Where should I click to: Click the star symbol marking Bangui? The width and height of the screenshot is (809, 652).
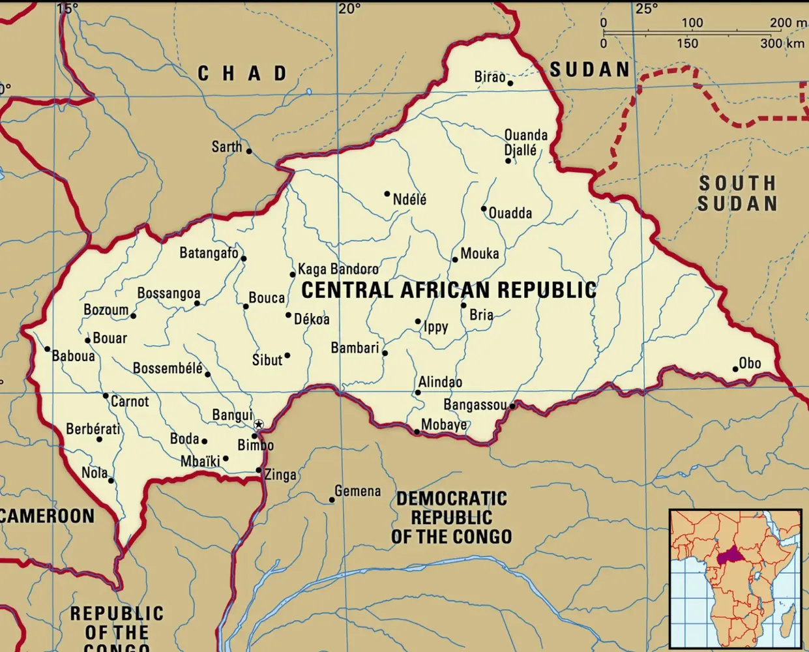click(259, 424)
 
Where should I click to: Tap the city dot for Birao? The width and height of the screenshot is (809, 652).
click(510, 83)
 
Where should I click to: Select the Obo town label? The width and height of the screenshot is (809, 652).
click(750, 363)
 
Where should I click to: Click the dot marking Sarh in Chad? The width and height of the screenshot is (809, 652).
click(248, 151)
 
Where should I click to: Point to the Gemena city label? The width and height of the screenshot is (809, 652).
click(357, 491)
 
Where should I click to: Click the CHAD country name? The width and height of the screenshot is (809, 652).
click(243, 73)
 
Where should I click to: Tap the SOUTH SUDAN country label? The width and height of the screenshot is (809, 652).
click(737, 193)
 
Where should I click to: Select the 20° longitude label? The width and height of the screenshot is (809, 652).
click(349, 8)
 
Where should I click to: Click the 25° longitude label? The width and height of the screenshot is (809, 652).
click(646, 8)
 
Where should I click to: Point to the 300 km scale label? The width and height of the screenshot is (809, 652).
click(782, 44)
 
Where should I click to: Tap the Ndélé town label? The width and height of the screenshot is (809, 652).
click(409, 199)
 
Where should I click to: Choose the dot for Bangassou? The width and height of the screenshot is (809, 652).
click(512, 406)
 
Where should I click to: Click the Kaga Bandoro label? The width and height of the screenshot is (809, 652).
click(338, 269)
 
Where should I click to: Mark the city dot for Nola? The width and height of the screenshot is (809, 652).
click(111, 481)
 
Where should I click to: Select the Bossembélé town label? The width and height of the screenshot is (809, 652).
click(168, 368)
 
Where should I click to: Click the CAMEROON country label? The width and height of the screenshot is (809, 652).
click(47, 516)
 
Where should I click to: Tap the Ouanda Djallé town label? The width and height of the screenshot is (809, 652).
click(525, 142)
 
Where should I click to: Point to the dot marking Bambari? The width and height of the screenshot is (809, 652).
click(385, 353)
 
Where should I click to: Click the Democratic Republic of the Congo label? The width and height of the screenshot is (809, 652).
click(452, 518)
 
